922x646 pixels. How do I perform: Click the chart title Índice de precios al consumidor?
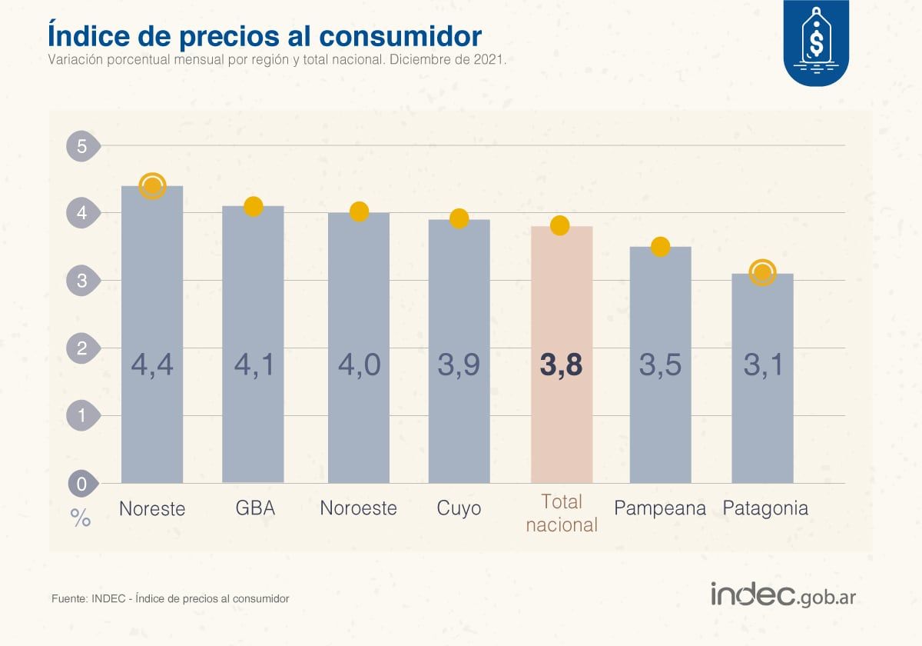pyautogui.click(x=264, y=35)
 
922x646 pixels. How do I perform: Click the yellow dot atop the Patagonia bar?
pyautogui.click(x=762, y=272)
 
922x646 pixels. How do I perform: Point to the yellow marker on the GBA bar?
pyautogui.click(x=254, y=206)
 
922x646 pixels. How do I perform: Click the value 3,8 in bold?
pyautogui.click(x=561, y=365)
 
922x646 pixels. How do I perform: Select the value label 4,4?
pyautogui.click(x=152, y=365)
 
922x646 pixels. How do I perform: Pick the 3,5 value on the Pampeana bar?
pyautogui.click(x=660, y=365)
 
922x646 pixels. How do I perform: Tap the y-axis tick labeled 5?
pyautogui.click(x=81, y=146)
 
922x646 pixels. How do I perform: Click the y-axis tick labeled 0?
pyautogui.click(x=81, y=484)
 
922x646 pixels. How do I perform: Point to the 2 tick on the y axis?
pyautogui.click(x=81, y=348)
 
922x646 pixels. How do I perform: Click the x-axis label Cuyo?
pyautogui.click(x=459, y=508)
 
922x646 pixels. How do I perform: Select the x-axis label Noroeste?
pyautogui.click(x=358, y=508)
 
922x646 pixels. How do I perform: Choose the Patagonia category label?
pyautogui.click(x=765, y=508)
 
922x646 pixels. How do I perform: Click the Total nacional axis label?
pyautogui.click(x=562, y=514)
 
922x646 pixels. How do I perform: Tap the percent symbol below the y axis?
pyautogui.click(x=81, y=518)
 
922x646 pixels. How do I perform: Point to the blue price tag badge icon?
pyautogui.click(x=816, y=42)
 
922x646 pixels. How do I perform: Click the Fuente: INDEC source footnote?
pyautogui.click(x=170, y=598)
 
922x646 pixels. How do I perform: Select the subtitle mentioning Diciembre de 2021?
pyautogui.click(x=277, y=60)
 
